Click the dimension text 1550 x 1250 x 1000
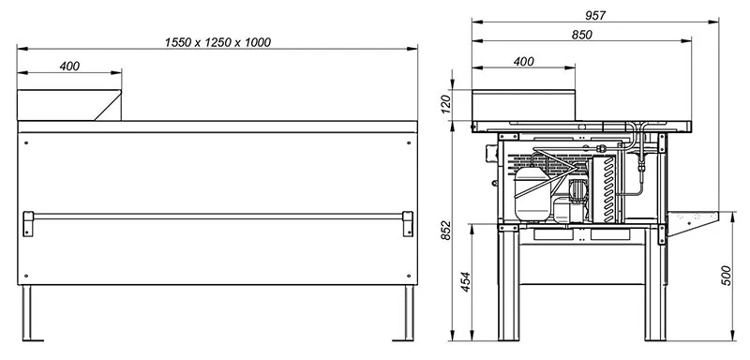click(217, 42)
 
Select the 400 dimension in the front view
click(69, 67)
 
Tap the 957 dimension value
click(595, 15)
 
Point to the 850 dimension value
click(581, 35)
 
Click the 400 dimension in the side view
click(524, 62)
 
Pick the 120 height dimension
click(445, 105)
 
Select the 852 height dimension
click(445, 231)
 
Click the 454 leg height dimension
click(465, 282)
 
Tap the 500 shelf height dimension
click(726, 276)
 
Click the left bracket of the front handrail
click(28, 224)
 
